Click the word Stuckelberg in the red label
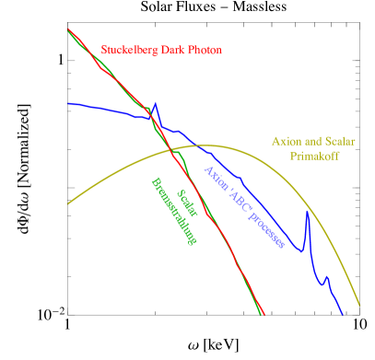(130, 49)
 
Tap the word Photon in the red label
(205, 49)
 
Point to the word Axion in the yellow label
(286, 142)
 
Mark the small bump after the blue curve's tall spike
(325, 276)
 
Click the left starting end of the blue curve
(68, 103)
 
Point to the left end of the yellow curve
(68, 204)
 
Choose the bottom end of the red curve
(264, 314)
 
